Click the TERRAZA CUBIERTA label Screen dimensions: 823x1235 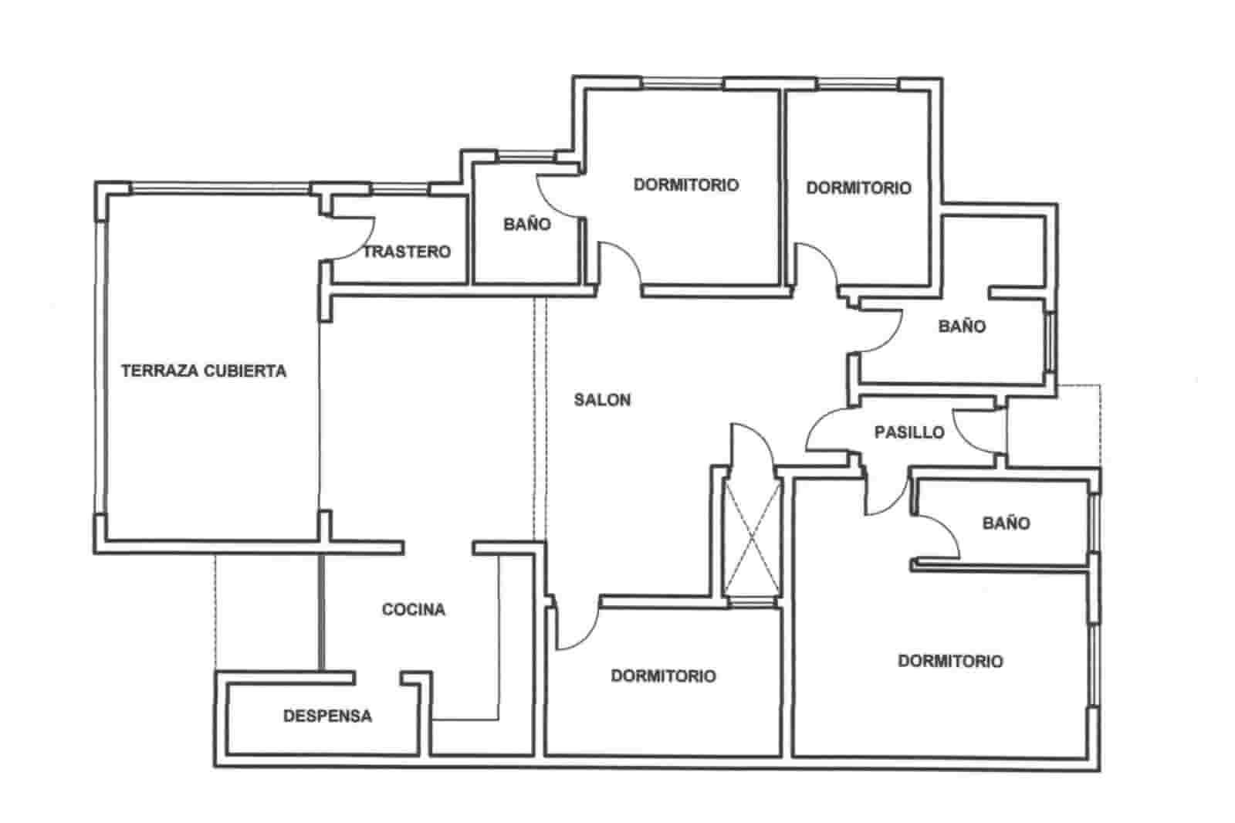tap(204, 371)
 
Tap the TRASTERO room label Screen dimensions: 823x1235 tap(407, 252)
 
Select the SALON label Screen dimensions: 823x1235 tap(603, 400)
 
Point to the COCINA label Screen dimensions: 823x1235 tap(414, 611)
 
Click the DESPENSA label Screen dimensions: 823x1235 tap(327, 716)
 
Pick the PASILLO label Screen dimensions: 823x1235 tap(909, 432)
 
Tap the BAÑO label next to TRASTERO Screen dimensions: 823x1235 tap(527, 225)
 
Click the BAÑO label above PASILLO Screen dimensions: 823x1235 tap(962, 327)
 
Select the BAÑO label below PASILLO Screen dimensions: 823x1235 tap(1007, 523)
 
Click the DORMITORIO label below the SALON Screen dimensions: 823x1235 tap(663, 676)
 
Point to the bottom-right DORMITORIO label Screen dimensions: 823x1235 tap(950, 662)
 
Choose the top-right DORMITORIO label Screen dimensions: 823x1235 tap(858, 188)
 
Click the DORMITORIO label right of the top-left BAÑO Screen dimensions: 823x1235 tap(685, 185)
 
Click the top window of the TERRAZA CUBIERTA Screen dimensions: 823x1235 tap(220, 188)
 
